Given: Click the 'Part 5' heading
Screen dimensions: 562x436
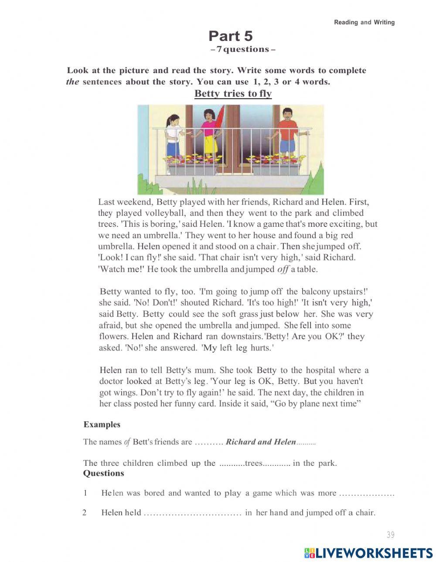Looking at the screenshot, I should (x=230, y=36).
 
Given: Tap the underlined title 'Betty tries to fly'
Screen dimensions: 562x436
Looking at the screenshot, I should (x=233, y=94).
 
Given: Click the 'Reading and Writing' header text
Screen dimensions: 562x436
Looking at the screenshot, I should (x=364, y=22).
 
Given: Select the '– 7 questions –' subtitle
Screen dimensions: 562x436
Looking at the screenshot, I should (x=242, y=49).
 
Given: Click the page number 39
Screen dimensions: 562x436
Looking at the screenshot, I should (x=390, y=535).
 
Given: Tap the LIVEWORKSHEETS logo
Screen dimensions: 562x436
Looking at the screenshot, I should (x=368, y=553).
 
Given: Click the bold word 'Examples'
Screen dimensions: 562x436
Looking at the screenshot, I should (x=102, y=424).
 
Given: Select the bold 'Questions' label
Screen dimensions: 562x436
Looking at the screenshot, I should (x=103, y=473).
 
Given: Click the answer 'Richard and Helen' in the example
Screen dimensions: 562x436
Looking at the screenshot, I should (x=261, y=442).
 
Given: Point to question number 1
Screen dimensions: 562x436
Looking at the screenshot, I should (x=85, y=493).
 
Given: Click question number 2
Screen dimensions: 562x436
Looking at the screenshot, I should (x=85, y=512).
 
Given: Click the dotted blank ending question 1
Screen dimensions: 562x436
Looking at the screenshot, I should (x=366, y=494).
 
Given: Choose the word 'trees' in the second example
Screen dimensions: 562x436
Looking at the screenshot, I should (x=253, y=463).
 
